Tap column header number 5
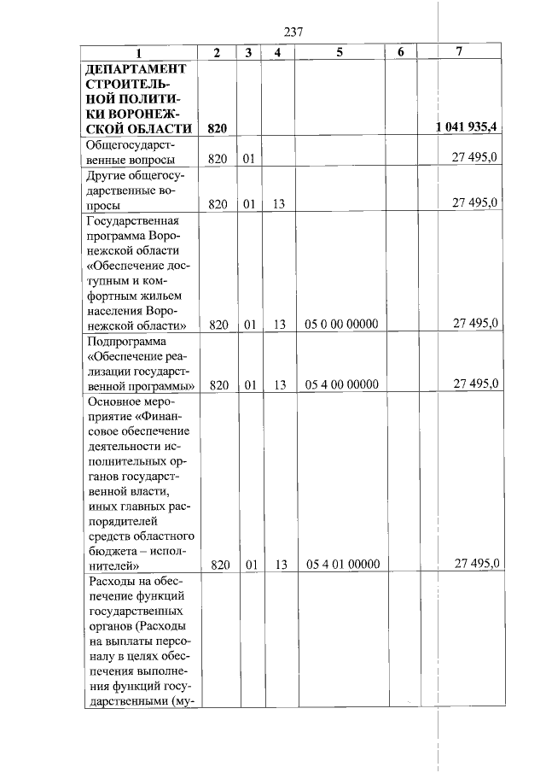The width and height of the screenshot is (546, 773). [340, 52]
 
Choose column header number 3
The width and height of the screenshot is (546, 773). [247, 52]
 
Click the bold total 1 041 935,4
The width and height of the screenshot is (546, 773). [466, 128]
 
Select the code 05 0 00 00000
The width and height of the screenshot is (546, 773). [341, 324]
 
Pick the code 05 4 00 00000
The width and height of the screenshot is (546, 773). [341, 384]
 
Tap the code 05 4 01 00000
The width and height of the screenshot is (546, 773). [341, 565]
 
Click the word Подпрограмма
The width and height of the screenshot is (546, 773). [125, 342]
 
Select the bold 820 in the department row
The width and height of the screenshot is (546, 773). [218, 129]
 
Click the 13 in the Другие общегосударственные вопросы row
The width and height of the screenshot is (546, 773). [278, 203]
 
